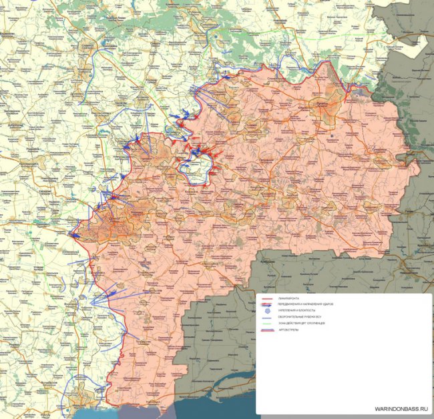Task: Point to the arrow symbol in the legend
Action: (267, 304)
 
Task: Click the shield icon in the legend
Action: (267, 311)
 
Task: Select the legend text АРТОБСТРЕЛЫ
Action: (288, 330)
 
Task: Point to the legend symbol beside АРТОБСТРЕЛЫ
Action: (267, 330)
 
